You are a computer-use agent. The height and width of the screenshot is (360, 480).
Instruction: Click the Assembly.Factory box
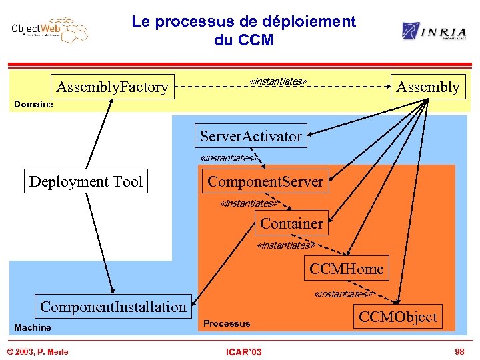coord(113,87)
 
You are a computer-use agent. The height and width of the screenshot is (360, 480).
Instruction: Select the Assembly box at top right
coord(428,87)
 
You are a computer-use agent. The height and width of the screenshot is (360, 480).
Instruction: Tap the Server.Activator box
coord(251,137)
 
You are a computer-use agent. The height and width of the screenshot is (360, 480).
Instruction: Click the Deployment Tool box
coord(86,181)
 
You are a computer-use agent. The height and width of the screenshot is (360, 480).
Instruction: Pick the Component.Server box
coord(265,181)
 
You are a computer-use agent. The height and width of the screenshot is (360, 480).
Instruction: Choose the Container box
coord(291,224)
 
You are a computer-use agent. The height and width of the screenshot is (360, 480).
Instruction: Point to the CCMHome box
coord(346,269)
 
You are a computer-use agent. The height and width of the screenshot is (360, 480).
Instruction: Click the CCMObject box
coord(398,317)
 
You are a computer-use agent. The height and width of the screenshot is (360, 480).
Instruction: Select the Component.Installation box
coord(113,307)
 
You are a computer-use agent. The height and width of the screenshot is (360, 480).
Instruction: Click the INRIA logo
coord(433,31)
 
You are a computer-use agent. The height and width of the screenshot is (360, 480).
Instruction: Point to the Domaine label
coord(33,105)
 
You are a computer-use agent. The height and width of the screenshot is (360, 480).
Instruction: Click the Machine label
coord(33,327)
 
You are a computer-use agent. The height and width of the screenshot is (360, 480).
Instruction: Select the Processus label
coord(227,323)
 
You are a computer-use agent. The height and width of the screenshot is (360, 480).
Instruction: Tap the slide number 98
coord(459,351)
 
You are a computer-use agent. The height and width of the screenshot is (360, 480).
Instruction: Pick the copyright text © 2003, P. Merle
coord(38,351)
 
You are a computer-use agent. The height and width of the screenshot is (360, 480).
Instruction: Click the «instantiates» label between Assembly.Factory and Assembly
coord(277,81)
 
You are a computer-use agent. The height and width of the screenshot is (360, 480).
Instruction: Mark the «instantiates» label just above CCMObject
coord(342,294)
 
